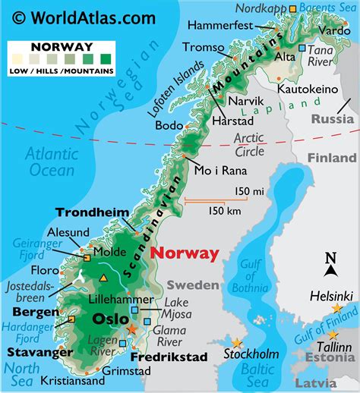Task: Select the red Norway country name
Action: pos(185,253)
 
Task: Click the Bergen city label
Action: pos(30,312)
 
